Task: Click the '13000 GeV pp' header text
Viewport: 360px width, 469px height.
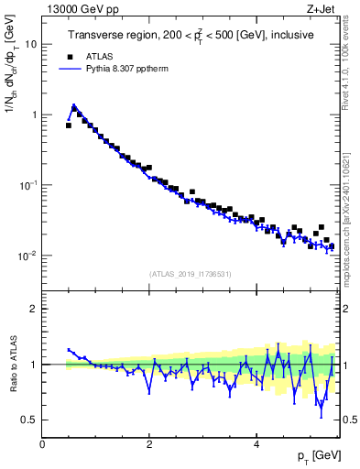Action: point(80,9)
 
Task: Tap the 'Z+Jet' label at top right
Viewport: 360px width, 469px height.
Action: point(326,9)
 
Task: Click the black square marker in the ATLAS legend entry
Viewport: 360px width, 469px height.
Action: point(68,54)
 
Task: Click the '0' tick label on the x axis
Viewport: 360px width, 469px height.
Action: point(43,443)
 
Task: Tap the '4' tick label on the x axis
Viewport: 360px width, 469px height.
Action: point(256,443)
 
